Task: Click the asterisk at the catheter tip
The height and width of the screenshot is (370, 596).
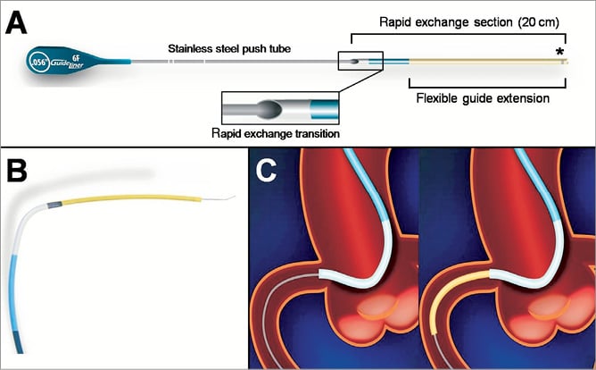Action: [560, 51]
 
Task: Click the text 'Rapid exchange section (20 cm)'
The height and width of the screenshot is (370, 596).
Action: [455, 21]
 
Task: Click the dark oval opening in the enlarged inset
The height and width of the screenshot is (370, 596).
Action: [269, 111]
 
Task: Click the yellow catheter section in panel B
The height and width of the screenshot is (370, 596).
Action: [125, 198]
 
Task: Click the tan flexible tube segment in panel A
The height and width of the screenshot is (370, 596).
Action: [482, 63]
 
